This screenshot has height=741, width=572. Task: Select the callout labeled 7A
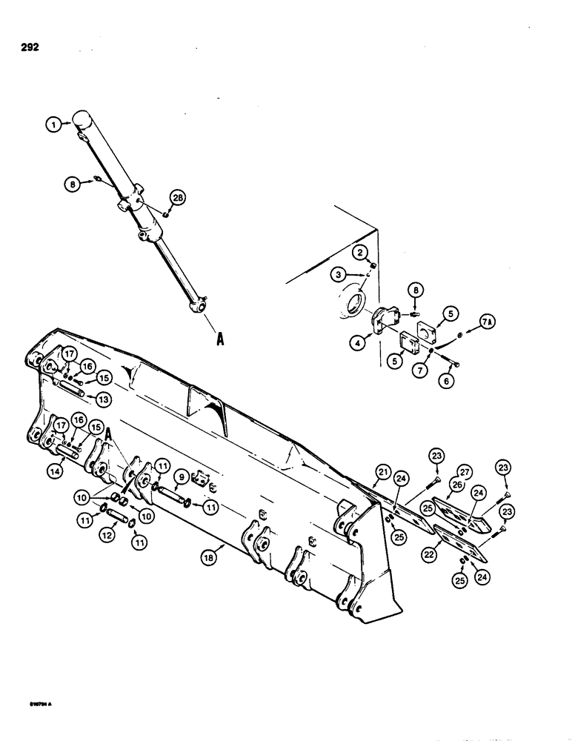pos(488,324)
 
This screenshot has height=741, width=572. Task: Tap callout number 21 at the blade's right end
pos(382,472)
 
